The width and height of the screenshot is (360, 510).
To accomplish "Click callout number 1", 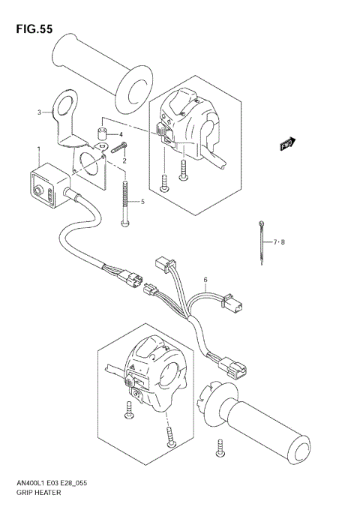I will pos(38,150).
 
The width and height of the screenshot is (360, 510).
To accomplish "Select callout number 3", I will pos(39,112).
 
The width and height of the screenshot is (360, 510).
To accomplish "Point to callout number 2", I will pos(124,160).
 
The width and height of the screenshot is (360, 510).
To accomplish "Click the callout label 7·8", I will pos(279,241).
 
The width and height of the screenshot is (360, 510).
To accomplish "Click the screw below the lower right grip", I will pos(220,449).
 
